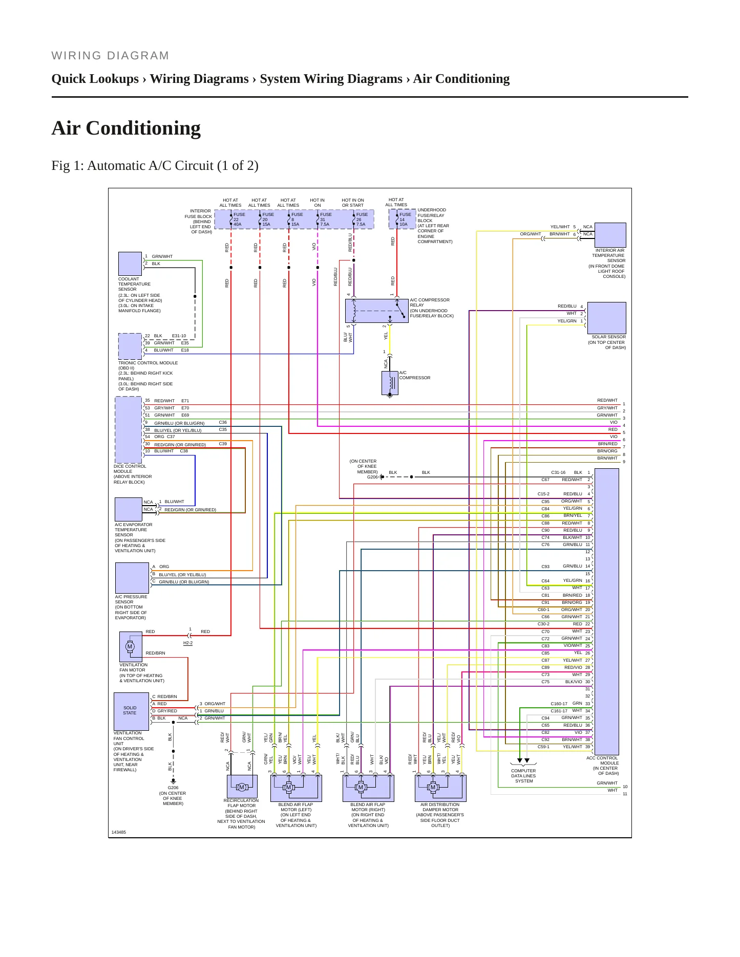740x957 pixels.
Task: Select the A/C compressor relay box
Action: (377, 311)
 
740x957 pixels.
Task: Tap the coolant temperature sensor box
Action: (130, 264)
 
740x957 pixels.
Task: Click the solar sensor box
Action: (607, 318)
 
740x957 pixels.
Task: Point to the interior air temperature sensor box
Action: (610, 235)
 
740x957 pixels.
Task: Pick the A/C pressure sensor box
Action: (132, 578)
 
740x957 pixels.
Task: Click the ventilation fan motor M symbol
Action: (130, 646)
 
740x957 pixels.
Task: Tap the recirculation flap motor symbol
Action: (242, 787)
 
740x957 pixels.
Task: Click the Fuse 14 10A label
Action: (405, 219)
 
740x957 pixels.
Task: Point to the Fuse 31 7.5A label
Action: (326, 219)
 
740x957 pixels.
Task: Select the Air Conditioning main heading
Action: (126, 128)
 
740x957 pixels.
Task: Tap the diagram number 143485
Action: (119, 832)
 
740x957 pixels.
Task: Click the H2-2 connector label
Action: (188, 643)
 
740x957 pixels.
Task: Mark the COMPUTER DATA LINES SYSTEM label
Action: (523, 776)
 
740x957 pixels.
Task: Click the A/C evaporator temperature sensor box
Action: (129, 510)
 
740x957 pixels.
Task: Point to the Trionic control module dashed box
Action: (130, 346)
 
